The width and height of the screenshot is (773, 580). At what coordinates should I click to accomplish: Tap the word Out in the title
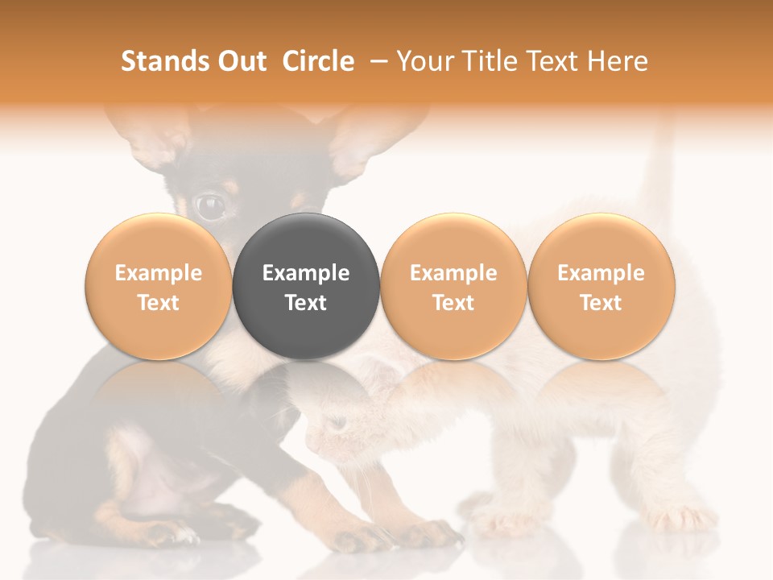click(240, 61)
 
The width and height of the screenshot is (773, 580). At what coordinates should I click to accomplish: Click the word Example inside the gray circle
click(306, 273)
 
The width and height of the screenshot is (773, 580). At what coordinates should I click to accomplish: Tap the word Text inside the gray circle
click(306, 303)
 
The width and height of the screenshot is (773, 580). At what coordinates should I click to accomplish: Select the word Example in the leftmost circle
click(159, 273)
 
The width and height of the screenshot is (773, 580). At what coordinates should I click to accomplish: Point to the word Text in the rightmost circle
click(601, 303)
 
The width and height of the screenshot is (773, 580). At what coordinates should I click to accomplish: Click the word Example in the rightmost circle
click(601, 273)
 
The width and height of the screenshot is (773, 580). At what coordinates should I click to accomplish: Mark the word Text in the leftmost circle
click(159, 303)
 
